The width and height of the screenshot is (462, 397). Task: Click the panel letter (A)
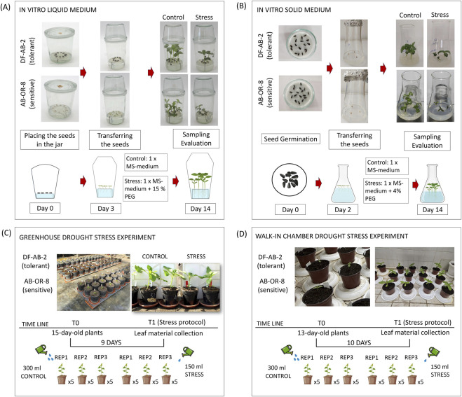(x=6, y=7)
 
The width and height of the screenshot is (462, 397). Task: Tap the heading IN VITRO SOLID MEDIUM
(x=294, y=10)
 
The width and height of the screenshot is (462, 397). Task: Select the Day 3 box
(x=106, y=209)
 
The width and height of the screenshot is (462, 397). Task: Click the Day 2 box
(x=343, y=209)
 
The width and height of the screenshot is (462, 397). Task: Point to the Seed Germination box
(x=290, y=139)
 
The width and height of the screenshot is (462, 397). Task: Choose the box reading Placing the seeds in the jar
(x=50, y=140)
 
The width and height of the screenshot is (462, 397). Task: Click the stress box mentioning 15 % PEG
(x=145, y=188)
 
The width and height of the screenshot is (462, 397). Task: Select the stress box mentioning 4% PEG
(x=386, y=190)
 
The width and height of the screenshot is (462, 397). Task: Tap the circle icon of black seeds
(x=290, y=180)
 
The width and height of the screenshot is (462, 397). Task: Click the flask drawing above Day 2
(x=343, y=183)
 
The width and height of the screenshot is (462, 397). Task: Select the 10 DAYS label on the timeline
(x=359, y=342)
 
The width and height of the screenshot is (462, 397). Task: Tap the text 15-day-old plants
(x=77, y=333)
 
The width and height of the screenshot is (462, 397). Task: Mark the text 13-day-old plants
(x=323, y=333)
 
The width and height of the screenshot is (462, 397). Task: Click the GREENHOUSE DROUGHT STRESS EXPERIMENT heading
(x=87, y=237)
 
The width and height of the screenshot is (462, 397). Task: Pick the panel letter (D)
(x=242, y=234)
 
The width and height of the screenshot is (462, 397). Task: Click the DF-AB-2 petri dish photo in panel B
(x=300, y=43)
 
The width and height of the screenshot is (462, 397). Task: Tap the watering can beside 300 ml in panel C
(x=41, y=349)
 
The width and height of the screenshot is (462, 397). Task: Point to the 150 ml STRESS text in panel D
(x=440, y=370)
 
